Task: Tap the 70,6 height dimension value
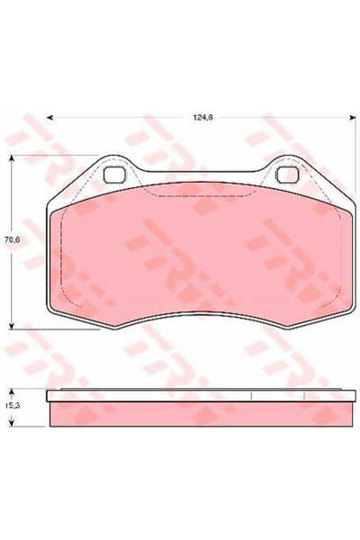coord(12,240)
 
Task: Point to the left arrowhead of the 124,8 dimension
coord(48,117)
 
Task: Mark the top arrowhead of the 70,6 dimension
coord(12,158)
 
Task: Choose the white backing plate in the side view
coord(198,395)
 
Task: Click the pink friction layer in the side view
coord(198,412)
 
